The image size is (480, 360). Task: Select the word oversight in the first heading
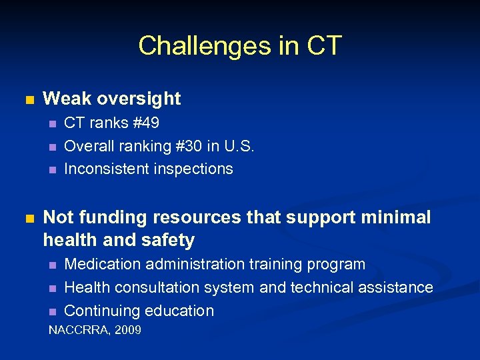(x=139, y=99)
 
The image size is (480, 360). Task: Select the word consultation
(x=158, y=287)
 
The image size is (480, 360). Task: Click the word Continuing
(x=101, y=311)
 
